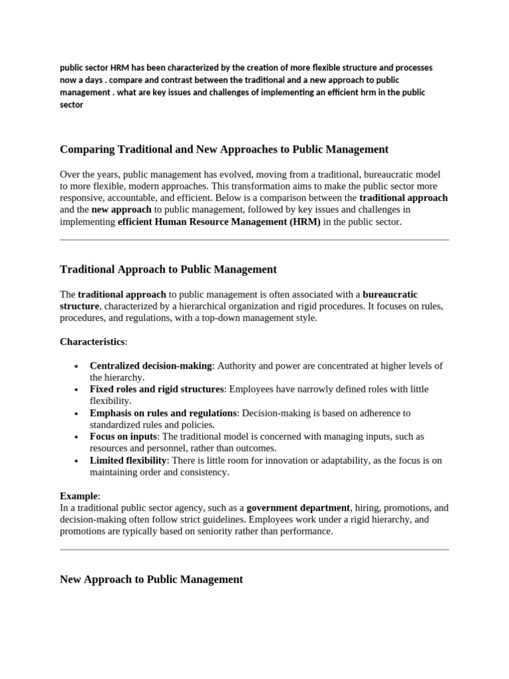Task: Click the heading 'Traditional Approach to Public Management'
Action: [168, 269]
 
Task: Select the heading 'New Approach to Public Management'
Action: [151, 579]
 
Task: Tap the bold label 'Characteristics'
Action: [92, 341]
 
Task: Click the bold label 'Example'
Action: [79, 496]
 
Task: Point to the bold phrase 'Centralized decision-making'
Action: [150, 366]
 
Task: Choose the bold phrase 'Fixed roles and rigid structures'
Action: [157, 389]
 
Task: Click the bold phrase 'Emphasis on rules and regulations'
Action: [163, 413]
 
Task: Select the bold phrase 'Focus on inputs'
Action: [123, 437]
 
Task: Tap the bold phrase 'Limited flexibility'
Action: [128, 460]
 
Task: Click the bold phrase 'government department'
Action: [298, 508]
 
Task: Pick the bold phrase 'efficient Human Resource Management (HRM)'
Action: [219, 222]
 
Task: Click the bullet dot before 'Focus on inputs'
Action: [78, 438]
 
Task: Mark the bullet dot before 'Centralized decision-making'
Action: [78, 367]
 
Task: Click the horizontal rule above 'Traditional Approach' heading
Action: [254, 240]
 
